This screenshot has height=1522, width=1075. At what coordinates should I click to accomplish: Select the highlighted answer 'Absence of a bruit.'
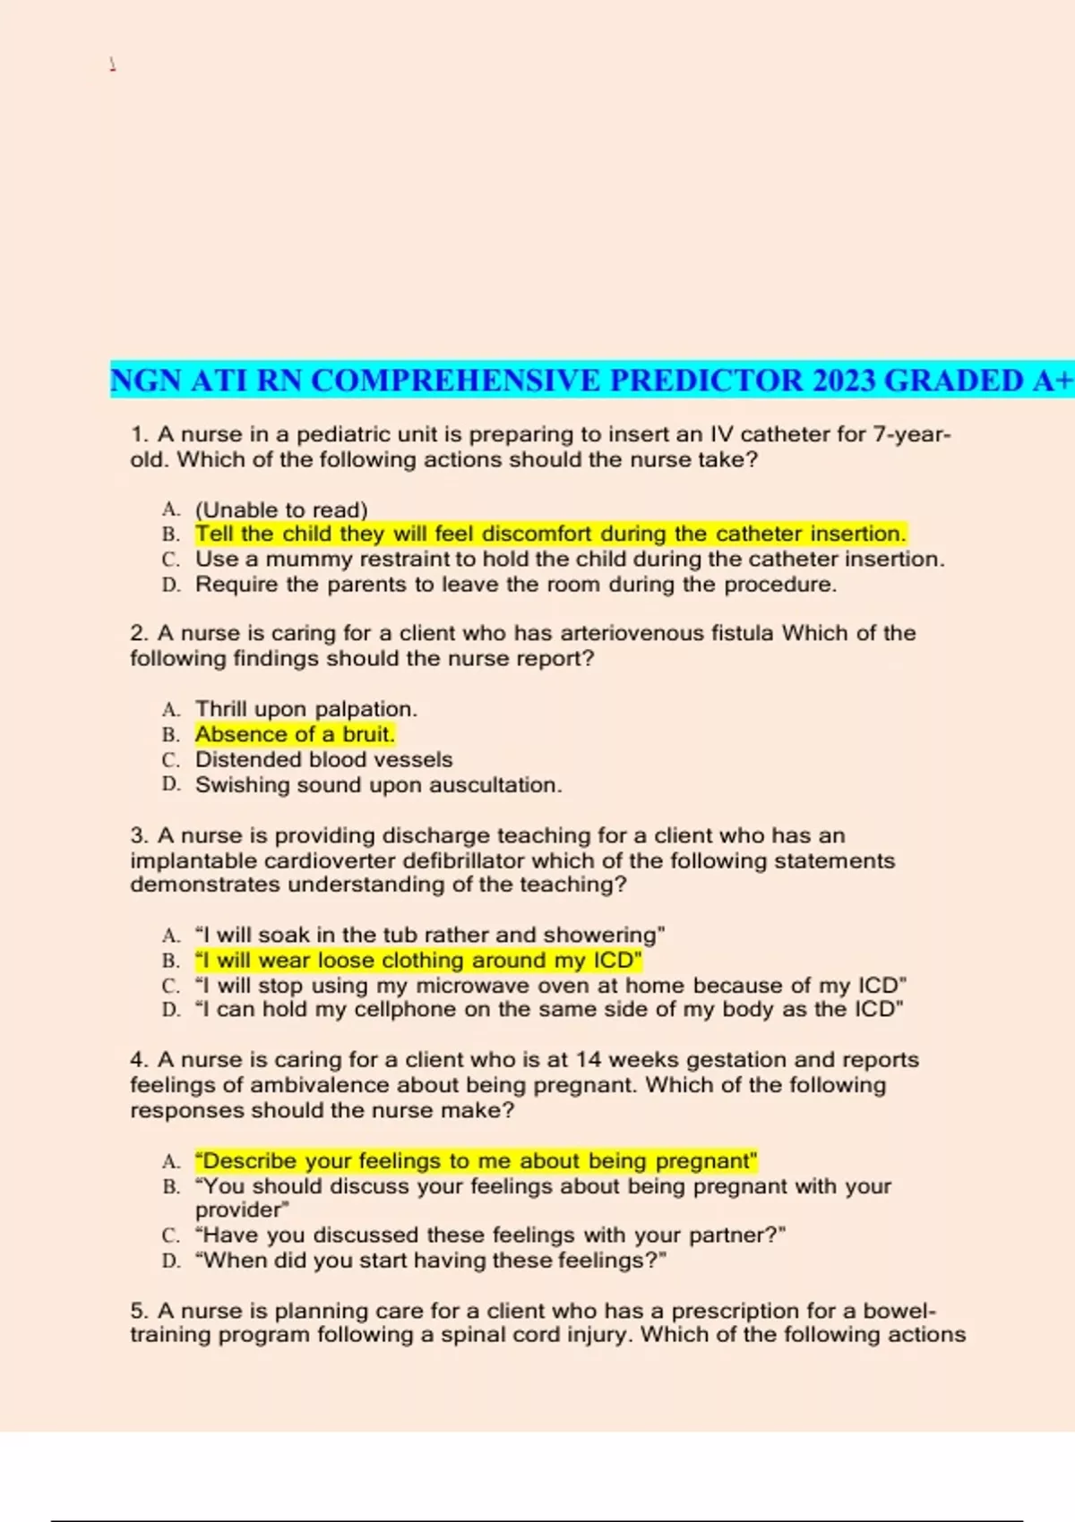295,734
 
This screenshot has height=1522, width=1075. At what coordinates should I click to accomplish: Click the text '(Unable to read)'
281,509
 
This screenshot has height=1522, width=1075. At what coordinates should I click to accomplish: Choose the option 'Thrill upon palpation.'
306,709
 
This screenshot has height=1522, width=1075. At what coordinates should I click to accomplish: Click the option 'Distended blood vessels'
323,759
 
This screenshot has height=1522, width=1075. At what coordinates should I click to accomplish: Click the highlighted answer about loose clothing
418,961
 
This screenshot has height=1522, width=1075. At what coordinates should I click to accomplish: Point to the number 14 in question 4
589,1060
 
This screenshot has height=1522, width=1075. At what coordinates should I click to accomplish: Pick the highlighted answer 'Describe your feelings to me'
476,1161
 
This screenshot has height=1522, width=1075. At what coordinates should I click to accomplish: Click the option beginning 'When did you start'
431,1261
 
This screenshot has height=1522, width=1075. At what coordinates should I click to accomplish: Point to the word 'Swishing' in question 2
236,785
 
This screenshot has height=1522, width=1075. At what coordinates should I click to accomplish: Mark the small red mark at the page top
112,64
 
